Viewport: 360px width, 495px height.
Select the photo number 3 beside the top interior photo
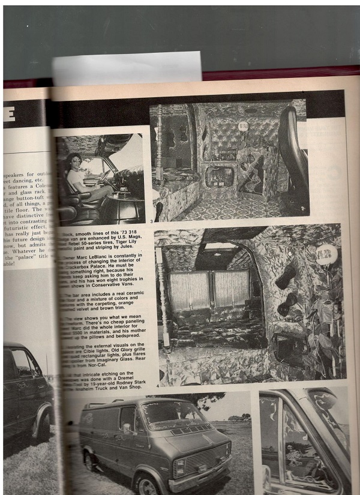point(151,222)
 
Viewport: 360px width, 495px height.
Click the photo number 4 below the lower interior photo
point(157,386)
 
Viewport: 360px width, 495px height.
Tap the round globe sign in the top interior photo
point(243,127)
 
